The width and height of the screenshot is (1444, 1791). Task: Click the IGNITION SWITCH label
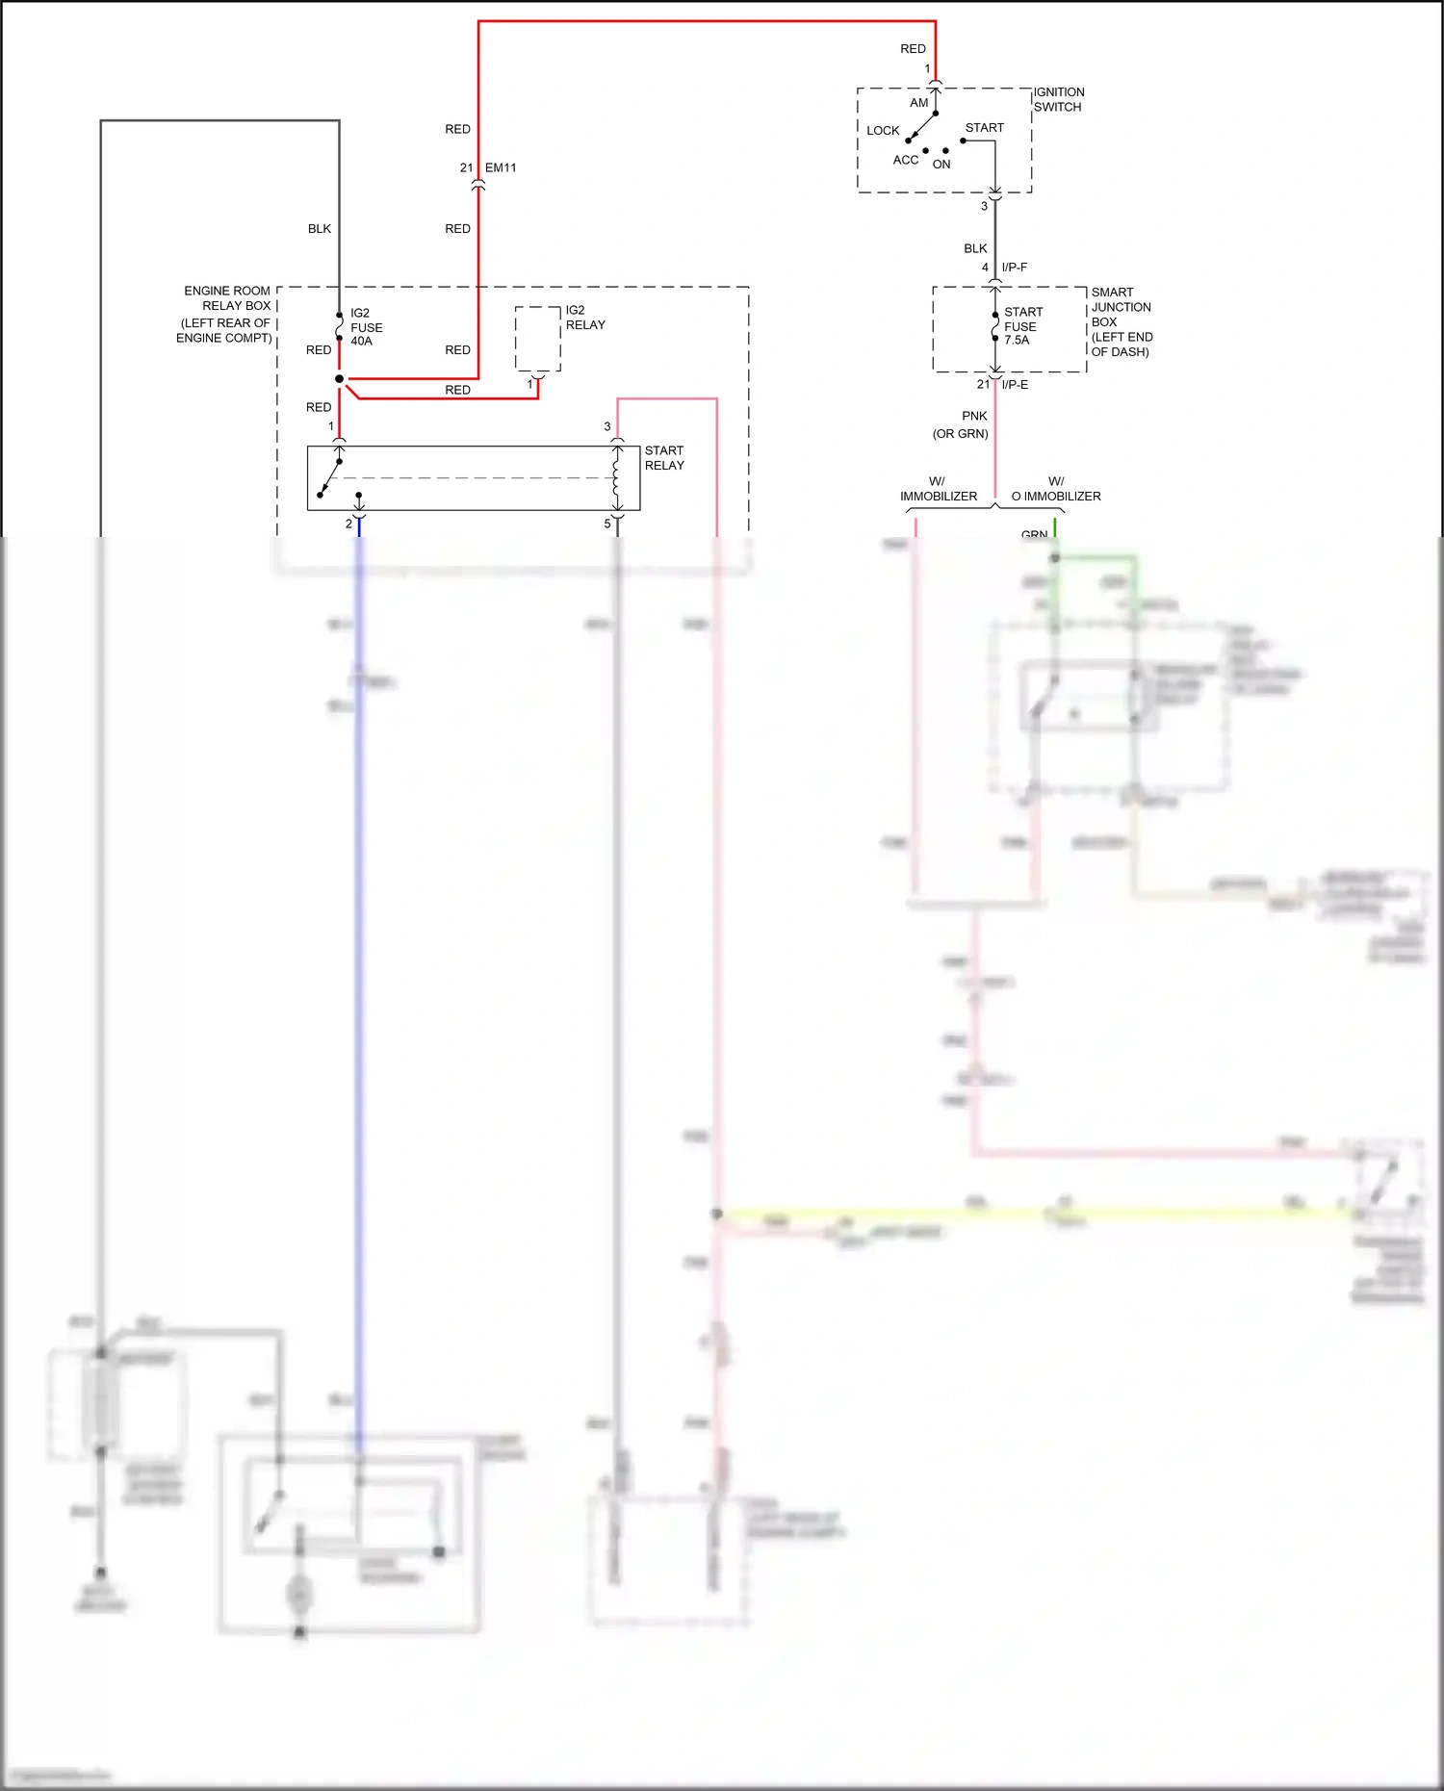(1058, 99)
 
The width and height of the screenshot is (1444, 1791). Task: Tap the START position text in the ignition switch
(984, 128)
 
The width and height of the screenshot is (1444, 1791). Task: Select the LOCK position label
(882, 131)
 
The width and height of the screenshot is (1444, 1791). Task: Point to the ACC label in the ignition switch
(905, 161)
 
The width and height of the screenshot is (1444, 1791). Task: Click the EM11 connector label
(501, 167)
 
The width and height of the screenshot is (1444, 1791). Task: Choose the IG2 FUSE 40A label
(366, 327)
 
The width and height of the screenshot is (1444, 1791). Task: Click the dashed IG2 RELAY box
(537, 339)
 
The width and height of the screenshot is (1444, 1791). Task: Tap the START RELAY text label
(664, 458)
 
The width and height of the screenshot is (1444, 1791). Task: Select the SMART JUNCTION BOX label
(1121, 321)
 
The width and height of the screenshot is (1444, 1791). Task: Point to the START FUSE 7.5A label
(1021, 326)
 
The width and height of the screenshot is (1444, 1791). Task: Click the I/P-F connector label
(1014, 268)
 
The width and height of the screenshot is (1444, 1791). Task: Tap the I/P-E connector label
(1015, 385)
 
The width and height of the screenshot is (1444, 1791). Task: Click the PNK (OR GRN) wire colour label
(962, 424)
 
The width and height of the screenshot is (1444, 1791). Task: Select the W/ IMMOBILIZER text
(938, 489)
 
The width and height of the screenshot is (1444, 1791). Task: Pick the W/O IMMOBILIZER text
(1056, 489)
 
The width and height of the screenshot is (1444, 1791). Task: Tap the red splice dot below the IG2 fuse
(339, 379)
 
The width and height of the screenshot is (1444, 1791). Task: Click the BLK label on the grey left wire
(320, 229)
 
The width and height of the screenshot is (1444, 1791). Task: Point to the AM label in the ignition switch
(918, 103)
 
